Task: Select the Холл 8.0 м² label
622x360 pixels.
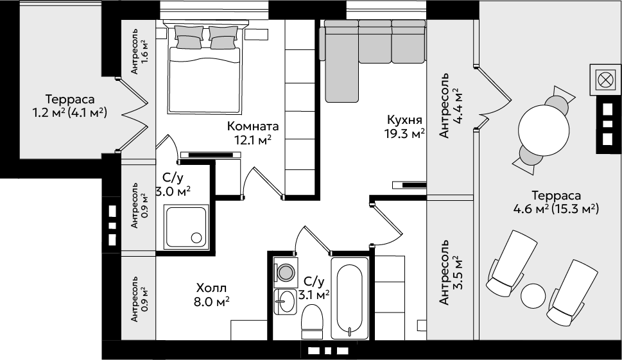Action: coord(212,294)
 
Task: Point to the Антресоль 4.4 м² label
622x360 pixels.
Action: coord(451,105)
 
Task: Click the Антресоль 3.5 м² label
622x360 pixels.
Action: coord(451,272)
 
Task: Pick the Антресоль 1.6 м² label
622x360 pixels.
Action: coord(140,51)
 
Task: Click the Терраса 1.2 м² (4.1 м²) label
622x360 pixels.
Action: coord(70,106)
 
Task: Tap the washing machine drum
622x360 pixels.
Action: coord(285,272)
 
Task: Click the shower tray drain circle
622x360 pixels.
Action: coord(196,237)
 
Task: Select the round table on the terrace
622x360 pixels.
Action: coord(544,128)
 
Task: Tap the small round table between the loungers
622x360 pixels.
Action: coord(533,296)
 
